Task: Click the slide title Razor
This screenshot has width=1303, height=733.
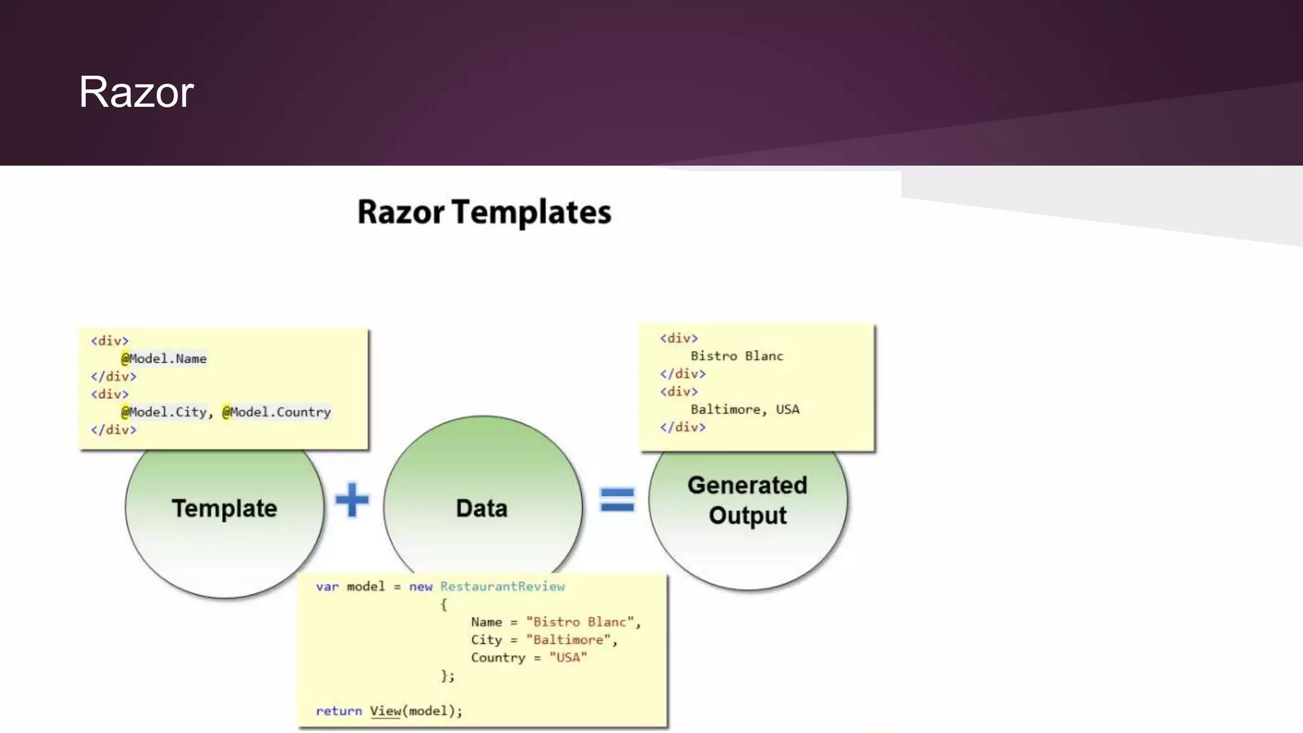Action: (x=136, y=92)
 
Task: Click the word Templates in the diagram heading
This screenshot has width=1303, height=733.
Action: (x=531, y=213)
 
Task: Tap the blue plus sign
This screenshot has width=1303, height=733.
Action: (x=352, y=500)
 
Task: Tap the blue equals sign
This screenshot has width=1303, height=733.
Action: (x=617, y=500)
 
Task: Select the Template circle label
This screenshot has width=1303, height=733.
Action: (x=225, y=508)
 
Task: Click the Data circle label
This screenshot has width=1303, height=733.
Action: (x=482, y=508)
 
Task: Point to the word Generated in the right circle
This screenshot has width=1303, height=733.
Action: (x=747, y=485)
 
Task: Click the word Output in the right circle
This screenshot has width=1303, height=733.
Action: (x=748, y=515)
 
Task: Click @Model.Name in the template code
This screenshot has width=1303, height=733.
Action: (x=164, y=359)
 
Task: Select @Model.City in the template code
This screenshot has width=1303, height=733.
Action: (x=164, y=412)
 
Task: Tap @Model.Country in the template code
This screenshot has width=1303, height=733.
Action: (x=277, y=412)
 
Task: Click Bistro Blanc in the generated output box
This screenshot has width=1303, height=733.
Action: (x=737, y=356)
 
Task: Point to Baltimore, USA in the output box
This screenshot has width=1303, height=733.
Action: (x=744, y=410)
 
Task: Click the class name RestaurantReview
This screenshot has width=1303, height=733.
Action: (x=502, y=587)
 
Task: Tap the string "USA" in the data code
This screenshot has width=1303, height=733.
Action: (x=568, y=658)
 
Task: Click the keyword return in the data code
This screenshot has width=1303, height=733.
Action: (x=338, y=711)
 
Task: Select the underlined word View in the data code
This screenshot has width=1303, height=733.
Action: (x=386, y=711)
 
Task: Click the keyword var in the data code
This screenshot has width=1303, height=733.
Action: (x=327, y=587)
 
